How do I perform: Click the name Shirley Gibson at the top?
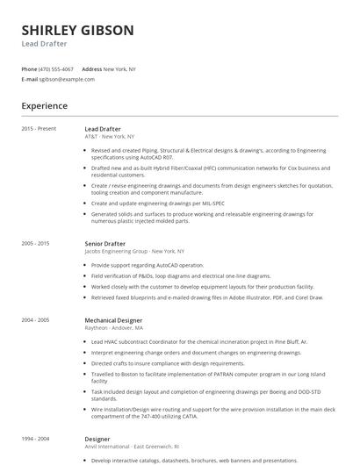(x=77, y=30)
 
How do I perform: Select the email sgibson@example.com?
(x=67, y=79)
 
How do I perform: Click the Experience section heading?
(x=45, y=105)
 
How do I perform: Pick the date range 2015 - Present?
(x=39, y=129)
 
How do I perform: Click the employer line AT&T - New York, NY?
(x=110, y=137)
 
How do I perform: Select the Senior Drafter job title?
(x=105, y=243)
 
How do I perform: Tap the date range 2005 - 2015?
(x=36, y=243)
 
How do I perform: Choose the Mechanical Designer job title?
(x=113, y=320)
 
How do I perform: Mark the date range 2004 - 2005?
(x=36, y=320)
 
